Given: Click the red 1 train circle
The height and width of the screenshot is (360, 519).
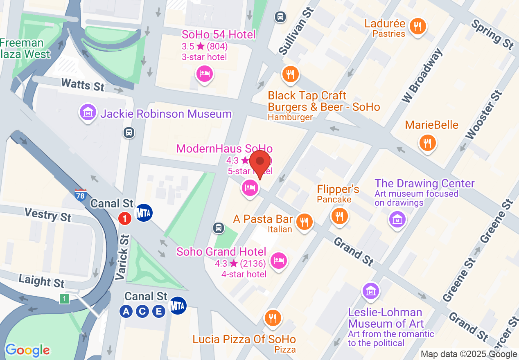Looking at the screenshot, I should tap(125, 218).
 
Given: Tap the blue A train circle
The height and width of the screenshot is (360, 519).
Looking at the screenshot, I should tap(126, 312).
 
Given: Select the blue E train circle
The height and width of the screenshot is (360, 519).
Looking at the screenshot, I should tap(158, 312).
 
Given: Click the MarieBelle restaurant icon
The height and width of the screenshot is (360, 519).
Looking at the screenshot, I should tap(427, 143).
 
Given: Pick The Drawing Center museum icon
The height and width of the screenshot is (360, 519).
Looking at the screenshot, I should tap(397, 219).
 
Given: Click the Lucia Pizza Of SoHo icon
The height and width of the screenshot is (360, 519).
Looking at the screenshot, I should tap(273, 317).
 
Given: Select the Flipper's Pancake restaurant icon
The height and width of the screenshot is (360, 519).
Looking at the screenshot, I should tap(339, 216).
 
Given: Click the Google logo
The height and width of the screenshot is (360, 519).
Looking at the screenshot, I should tap(27, 350).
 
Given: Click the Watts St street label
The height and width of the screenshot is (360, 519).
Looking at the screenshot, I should tap(83, 85).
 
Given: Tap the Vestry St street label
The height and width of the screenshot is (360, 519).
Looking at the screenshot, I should tap(47, 214).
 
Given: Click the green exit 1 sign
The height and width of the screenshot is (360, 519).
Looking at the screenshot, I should tap(64, 299).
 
